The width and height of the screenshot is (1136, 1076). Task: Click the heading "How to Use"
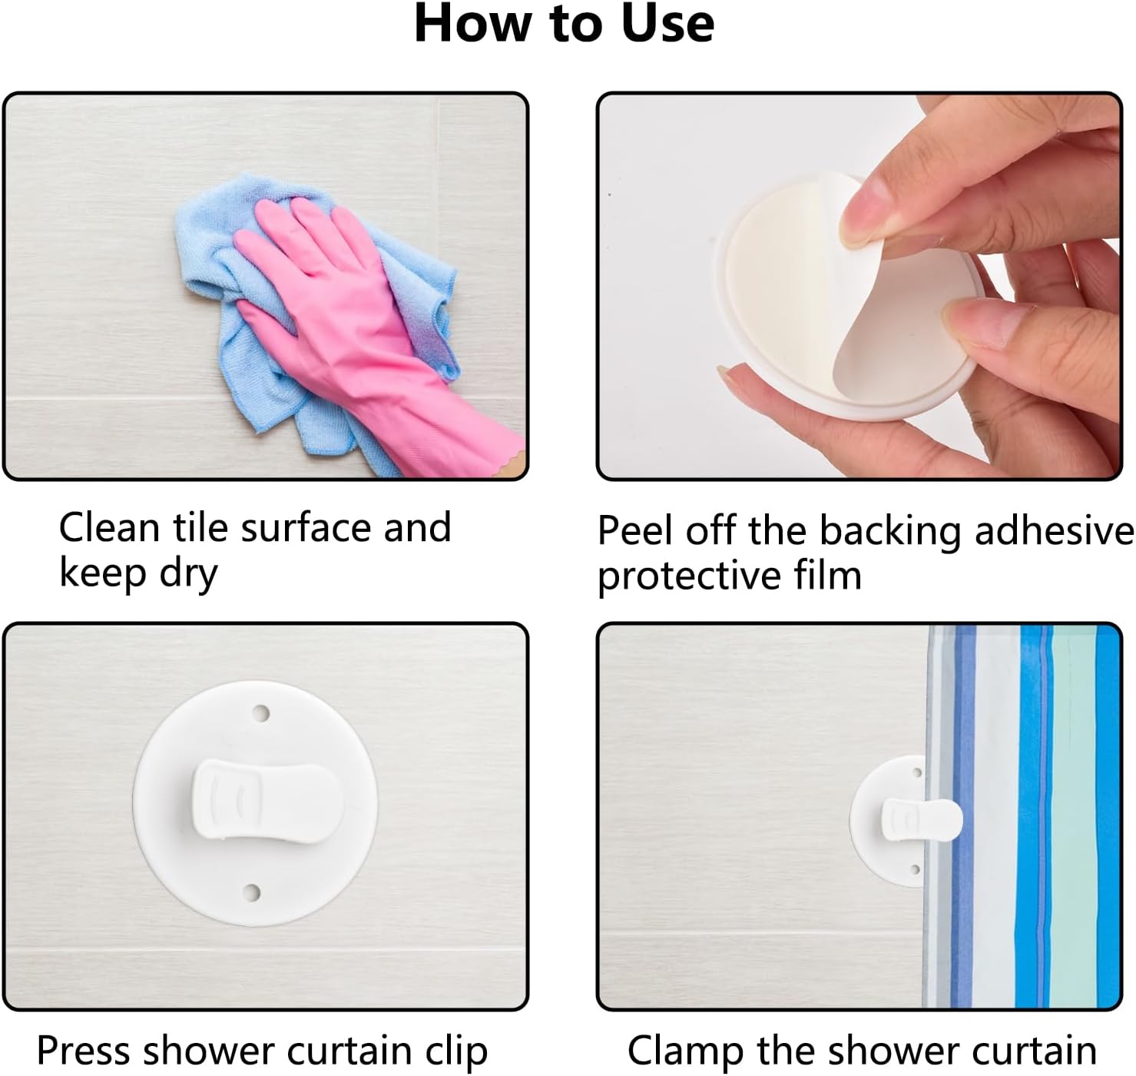point(565,23)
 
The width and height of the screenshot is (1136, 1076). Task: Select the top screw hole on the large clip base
point(262,713)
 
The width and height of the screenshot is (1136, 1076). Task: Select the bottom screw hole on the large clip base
point(251,892)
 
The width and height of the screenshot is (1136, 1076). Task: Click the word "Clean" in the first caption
point(109,528)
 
